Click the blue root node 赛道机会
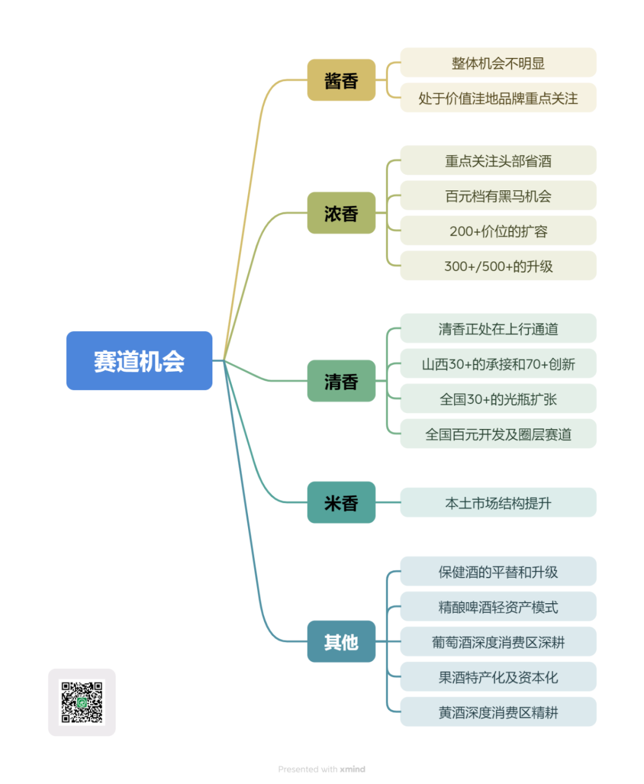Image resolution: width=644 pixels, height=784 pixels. point(139,361)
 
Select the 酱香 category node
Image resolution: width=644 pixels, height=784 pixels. point(341,80)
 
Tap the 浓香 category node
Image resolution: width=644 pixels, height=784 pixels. point(341,213)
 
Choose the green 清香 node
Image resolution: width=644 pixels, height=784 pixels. point(341,381)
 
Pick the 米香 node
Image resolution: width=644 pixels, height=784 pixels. point(341,503)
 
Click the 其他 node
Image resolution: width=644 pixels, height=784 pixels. point(341,642)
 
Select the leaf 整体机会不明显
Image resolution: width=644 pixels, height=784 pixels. point(498,63)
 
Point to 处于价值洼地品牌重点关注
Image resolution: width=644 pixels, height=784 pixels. point(498,98)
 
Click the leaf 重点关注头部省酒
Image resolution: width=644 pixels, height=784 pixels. point(498,160)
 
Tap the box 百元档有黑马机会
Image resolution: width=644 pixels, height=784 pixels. point(498,196)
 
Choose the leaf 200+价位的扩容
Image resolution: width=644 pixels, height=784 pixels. point(498,231)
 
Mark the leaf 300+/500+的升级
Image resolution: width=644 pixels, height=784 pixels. point(498,266)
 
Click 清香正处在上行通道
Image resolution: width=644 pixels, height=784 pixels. point(498,329)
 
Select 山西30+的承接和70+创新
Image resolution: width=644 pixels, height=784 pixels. point(498,364)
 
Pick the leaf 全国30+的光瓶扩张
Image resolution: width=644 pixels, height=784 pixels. point(498,399)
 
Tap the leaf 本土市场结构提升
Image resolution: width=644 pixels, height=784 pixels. point(498,503)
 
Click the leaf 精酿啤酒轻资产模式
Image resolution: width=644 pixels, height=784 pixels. point(498,607)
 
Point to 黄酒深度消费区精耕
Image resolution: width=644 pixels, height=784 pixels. point(498,712)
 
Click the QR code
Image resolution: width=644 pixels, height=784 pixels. point(82,702)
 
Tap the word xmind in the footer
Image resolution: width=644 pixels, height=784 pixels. point(352,769)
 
